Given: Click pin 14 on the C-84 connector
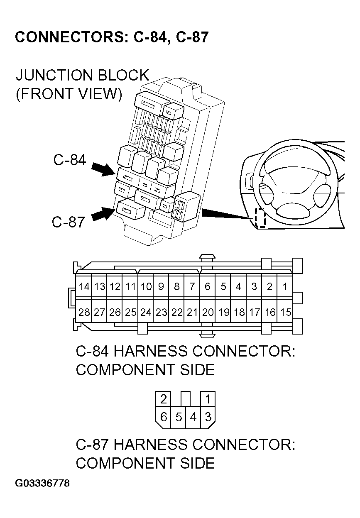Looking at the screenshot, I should [x=84, y=286].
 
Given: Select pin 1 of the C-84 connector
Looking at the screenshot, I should [x=285, y=286].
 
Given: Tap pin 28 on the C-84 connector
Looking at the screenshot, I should [x=84, y=312].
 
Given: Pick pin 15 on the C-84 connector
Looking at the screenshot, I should [x=285, y=312].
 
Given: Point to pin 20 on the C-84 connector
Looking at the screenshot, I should [x=207, y=312].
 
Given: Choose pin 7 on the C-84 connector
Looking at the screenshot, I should [x=192, y=286].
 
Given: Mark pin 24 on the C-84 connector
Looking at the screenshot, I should [x=145, y=312].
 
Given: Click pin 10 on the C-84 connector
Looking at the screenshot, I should [x=145, y=286].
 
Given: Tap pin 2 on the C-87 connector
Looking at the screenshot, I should [x=164, y=399].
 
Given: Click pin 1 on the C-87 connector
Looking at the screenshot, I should [x=208, y=399].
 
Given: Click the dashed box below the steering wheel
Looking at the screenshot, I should [x=260, y=217].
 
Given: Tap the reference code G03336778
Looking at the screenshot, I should [x=42, y=484].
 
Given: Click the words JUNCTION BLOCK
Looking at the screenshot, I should [x=82, y=76].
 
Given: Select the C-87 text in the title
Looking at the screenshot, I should [x=192, y=37].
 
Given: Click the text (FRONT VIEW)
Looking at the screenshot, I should [x=69, y=94].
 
